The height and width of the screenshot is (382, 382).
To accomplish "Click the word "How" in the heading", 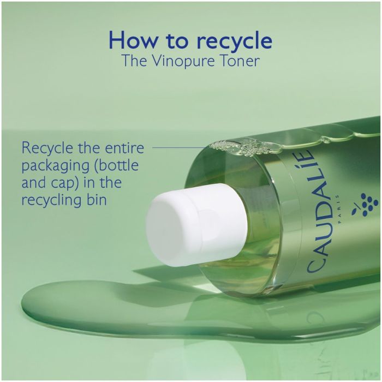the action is point(133,40).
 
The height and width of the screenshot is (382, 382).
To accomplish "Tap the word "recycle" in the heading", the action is point(234,41).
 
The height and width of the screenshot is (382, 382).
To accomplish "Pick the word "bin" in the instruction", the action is point(96,200).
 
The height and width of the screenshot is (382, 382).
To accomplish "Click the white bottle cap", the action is point(197,225).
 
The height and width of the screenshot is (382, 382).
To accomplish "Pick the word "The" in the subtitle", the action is point(134,61).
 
